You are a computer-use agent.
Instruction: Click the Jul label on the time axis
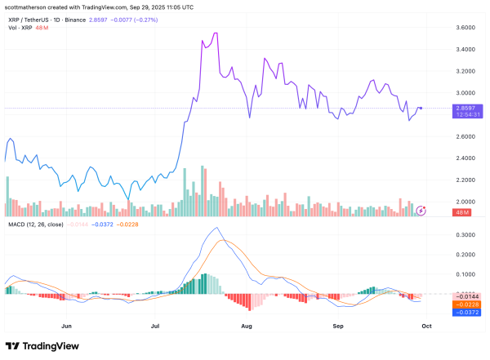point(156,324)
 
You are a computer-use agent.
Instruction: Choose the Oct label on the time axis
point(425,324)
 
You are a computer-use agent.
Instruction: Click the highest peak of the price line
point(215,33)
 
